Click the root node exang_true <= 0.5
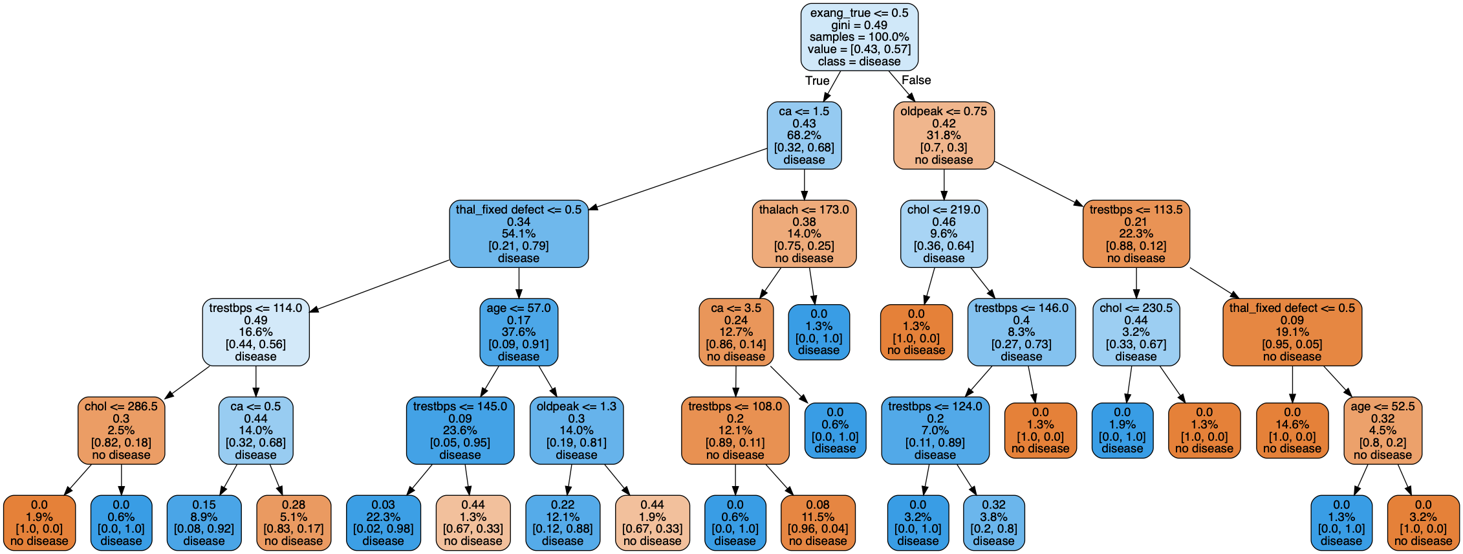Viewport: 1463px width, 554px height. point(859,37)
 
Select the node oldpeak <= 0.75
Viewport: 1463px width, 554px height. point(944,135)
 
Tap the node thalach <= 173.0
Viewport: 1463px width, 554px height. point(804,234)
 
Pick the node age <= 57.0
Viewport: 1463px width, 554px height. point(518,332)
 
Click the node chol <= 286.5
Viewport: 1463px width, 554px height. point(121,430)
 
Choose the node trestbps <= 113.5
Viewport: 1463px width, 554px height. point(1136,234)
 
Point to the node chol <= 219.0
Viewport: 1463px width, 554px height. point(944,234)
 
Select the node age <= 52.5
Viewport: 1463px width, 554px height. point(1382,430)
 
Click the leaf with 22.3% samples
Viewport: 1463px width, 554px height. point(383,523)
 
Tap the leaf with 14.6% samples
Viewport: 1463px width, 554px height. point(1292,430)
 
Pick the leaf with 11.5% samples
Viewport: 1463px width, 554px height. point(818,523)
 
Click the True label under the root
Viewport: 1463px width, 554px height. point(817,80)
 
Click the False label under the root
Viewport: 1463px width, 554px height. point(916,80)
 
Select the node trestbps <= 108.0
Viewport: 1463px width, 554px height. point(735,430)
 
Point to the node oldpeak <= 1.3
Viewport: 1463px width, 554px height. point(576,430)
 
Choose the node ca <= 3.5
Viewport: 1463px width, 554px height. point(735,332)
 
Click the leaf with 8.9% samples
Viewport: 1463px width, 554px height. point(204,523)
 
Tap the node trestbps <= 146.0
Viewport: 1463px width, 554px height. point(1021,332)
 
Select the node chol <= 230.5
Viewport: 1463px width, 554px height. point(1136,332)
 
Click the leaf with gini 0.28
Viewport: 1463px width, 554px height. point(293,523)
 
